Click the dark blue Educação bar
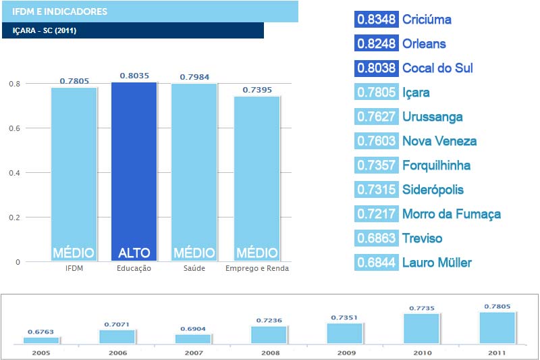pyautogui.click(x=134, y=169)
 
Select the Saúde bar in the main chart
pyautogui.click(x=194, y=169)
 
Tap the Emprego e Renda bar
pyautogui.click(x=256, y=176)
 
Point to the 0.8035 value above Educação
pyautogui.click(x=134, y=76)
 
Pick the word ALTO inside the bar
pyautogui.click(x=134, y=253)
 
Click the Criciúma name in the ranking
pyautogui.click(x=427, y=20)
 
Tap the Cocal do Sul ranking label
pyautogui.click(x=437, y=68)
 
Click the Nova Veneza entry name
pyautogui.click(x=439, y=141)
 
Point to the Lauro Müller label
pyautogui.click(x=437, y=263)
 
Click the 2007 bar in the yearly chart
pyautogui.click(x=193, y=338)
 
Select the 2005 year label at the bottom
pyautogui.click(x=41, y=352)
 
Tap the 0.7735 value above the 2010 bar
pyautogui.click(x=422, y=308)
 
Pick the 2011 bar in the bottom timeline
pyautogui.click(x=497, y=328)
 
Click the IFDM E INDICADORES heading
pyautogui.click(x=59, y=11)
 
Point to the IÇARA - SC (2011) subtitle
pyautogui.click(x=47, y=31)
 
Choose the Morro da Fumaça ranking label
pyautogui.click(x=452, y=214)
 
